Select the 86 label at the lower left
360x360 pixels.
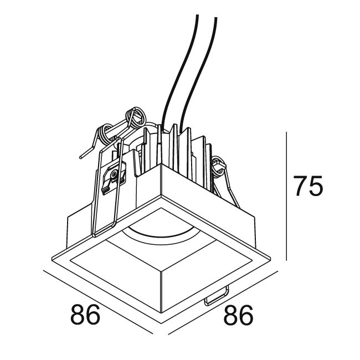pos(85,314)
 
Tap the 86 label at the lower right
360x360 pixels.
pos(238,315)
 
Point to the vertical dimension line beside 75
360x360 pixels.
pos(286,196)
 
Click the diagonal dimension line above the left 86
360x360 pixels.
pos(98,302)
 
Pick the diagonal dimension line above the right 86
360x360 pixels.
pos(223,302)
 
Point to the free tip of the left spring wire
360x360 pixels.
pos(81,157)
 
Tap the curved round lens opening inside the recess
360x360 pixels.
pos(157,234)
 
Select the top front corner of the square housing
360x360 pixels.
pos(161,164)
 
